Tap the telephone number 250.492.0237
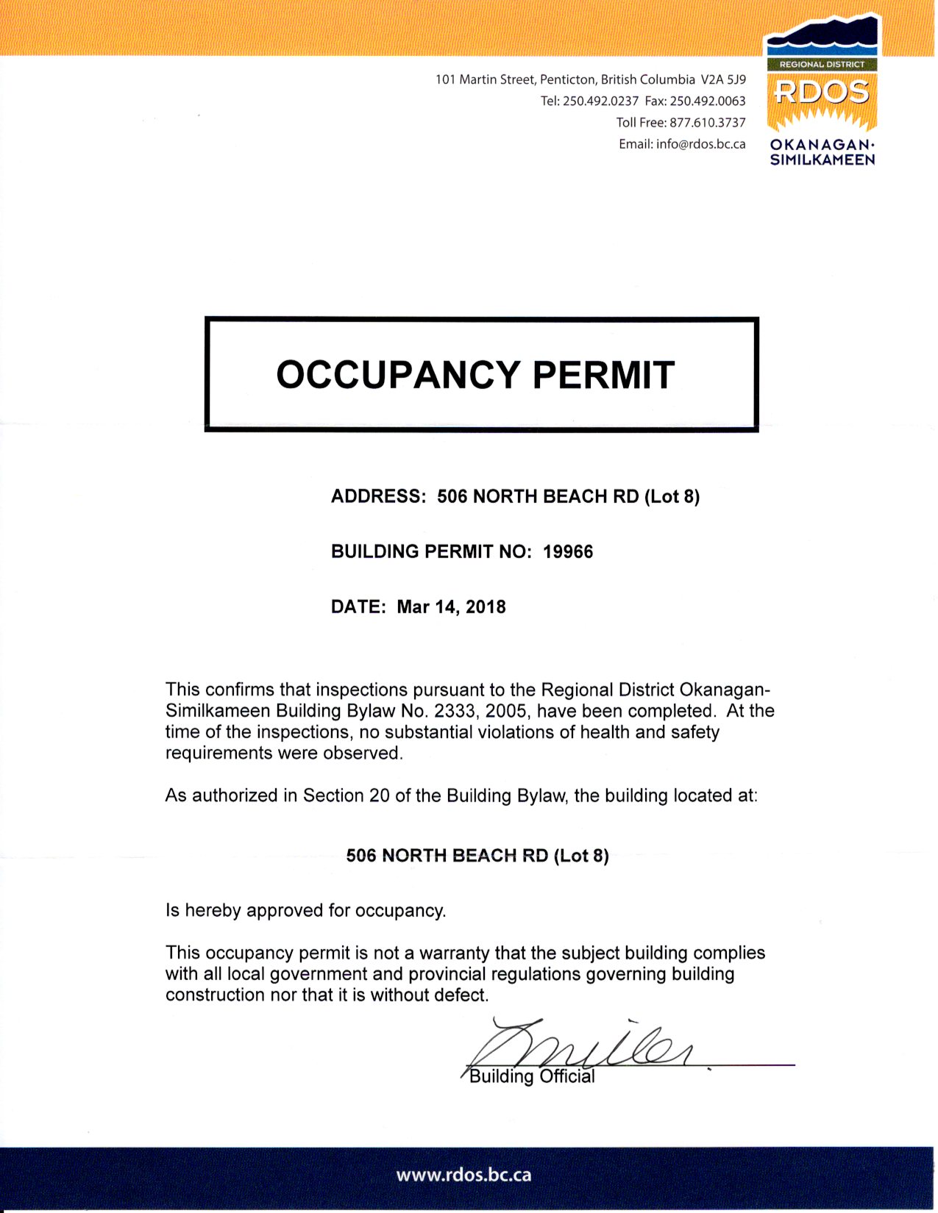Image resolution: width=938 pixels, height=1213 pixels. [600, 101]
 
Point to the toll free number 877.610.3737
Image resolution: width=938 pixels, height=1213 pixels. [707, 122]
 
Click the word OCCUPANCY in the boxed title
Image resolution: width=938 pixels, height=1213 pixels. [398, 374]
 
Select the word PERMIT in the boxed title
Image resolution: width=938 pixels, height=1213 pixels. [603, 374]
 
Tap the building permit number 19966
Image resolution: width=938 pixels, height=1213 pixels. [568, 551]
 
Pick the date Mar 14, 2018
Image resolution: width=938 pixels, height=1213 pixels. [451, 607]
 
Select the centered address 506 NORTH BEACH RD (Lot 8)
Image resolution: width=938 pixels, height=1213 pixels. [477, 856]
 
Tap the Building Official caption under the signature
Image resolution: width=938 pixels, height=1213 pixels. [532, 1077]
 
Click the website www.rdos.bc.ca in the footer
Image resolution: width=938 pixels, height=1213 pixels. [463, 1175]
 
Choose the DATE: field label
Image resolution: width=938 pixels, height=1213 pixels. [358, 607]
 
